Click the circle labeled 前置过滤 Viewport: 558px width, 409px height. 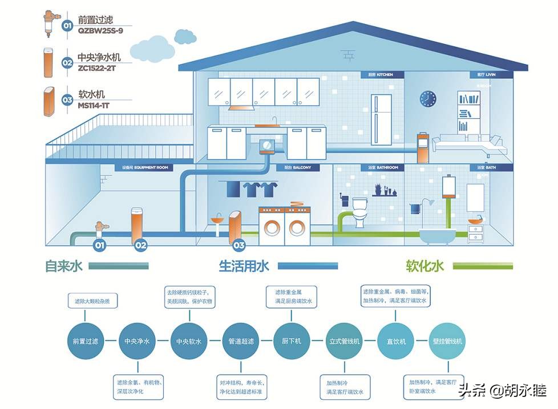[x=84, y=342]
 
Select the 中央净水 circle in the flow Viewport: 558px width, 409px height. [x=136, y=342]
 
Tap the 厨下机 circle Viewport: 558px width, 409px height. [x=291, y=342]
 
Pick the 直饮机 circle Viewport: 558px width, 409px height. [x=395, y=342]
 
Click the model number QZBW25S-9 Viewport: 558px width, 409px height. [x=100, y=30]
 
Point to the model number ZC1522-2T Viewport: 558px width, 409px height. [x=98, y=67]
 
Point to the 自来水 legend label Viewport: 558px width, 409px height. [x=64, y=266]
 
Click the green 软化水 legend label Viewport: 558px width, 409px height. [x=424, y=266]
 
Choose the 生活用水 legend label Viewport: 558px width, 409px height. [x=244, y=266]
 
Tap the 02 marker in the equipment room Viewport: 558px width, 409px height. [x=140, y=246]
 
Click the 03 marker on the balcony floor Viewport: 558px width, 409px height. [x=238, y=246]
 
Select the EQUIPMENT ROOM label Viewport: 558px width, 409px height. [x=145, y=168]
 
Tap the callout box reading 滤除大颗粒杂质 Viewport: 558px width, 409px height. [x=92, y=300]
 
